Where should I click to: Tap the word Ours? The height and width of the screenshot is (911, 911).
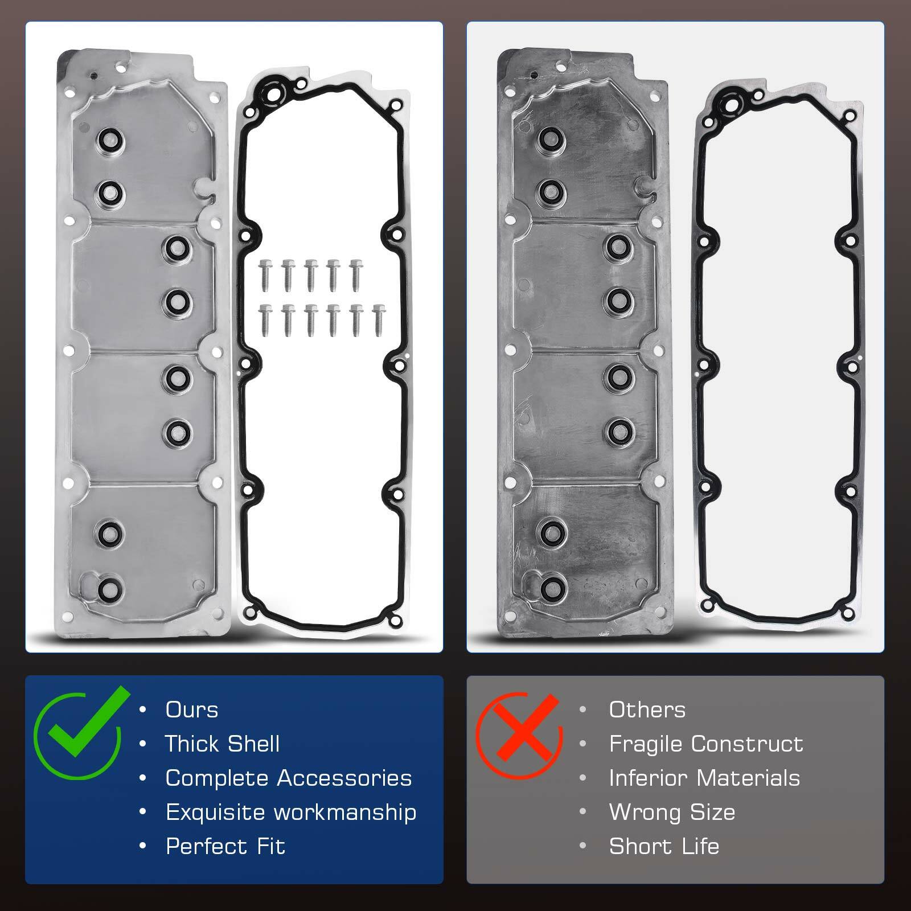[x=192, y=710]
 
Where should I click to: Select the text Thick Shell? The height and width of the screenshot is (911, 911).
[x=222, y=744]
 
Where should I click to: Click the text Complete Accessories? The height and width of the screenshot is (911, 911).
[x=288, y=778]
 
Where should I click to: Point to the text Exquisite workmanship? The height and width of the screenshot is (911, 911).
[x=290, y=812]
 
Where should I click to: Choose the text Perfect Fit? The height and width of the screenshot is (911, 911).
[x=225, y=847]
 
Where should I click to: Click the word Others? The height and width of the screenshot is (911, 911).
[x=647, y=710]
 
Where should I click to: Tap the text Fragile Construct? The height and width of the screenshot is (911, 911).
[x=705, y=744]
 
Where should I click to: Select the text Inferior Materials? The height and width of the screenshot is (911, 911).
[x=704, y=778]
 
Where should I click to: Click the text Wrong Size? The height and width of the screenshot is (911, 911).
[x=672, y=812]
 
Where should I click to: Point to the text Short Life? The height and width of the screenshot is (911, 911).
[x=664, y=847]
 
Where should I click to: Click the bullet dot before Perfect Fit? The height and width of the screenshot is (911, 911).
[x=142, y=847]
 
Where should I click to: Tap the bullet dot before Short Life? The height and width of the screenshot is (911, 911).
[x=582, y=847]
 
